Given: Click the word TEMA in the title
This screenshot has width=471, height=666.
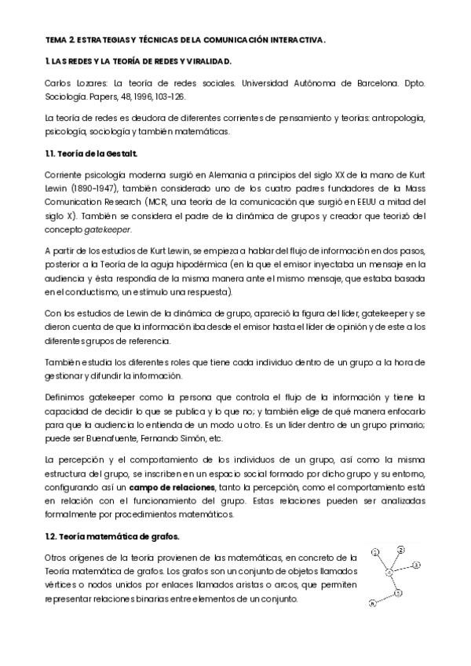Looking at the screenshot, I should (x=55, y=38).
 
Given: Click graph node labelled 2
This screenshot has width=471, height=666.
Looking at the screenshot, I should (x=401, y=549).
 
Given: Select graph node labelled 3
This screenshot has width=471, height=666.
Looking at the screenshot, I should (x=417, y=565).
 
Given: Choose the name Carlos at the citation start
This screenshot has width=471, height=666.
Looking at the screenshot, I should (x=57, y=81).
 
